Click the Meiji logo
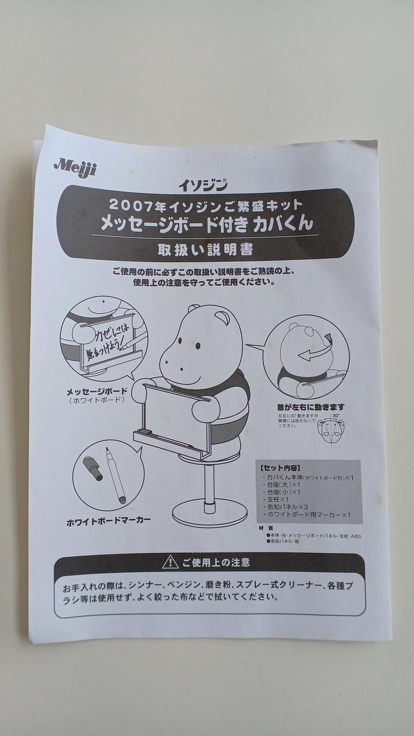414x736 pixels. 75,167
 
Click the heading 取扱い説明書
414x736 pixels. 205,250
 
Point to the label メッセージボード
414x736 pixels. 97,391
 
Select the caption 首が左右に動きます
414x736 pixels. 311,407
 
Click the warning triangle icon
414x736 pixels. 170,562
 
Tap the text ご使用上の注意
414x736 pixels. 216,562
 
